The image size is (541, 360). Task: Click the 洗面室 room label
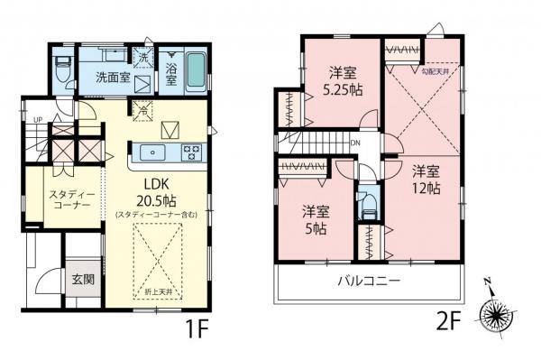click(x=114, y=77)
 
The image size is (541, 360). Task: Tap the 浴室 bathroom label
click(x=171, y=73)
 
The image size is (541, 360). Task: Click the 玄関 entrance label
click(x=82, y=279)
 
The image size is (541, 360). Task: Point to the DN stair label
click(x=356, y=143)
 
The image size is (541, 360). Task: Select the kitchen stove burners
click(x=191, y=151)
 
